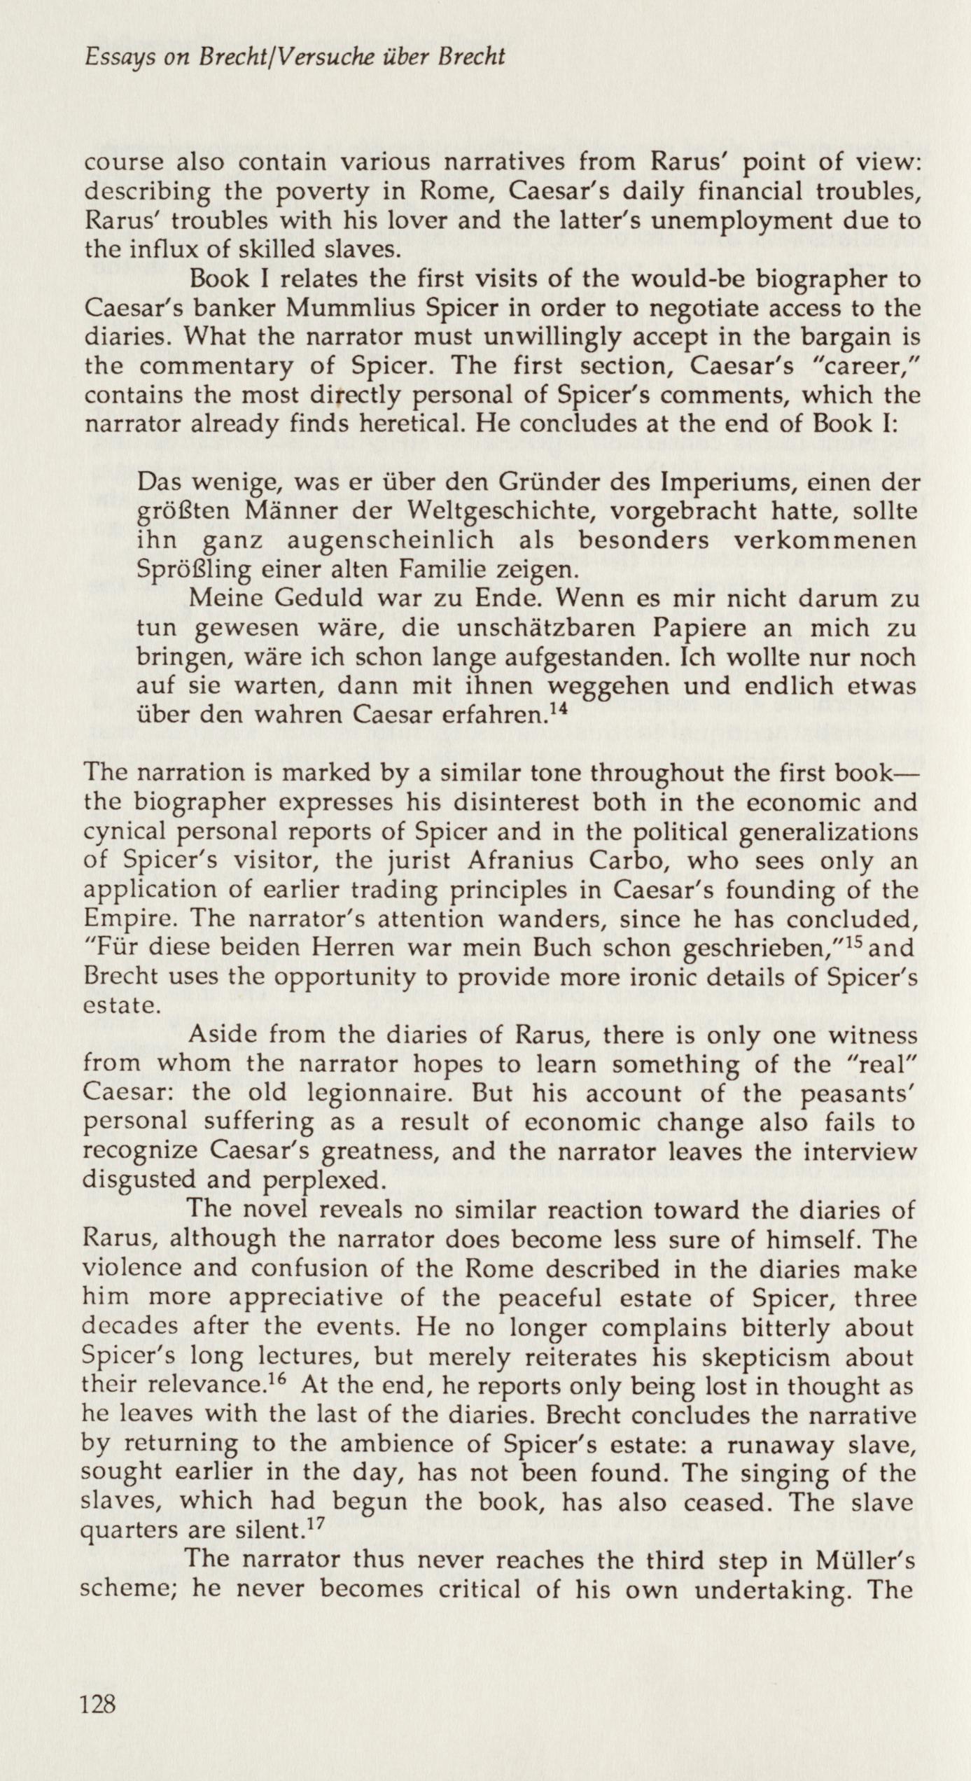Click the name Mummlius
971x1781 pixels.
(276, 309)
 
